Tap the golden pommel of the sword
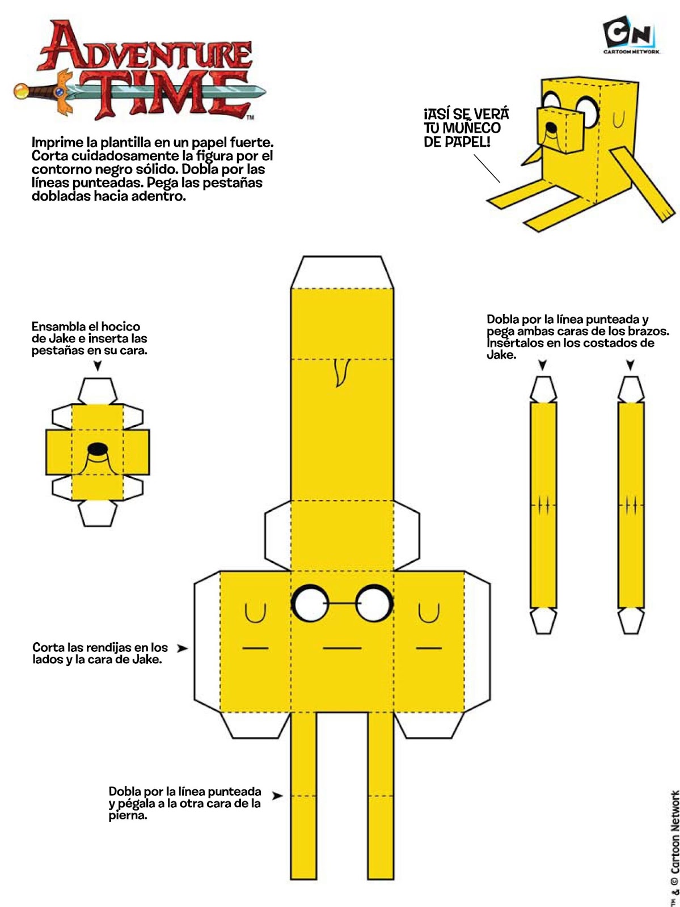pos(22,91)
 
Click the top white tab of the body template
pos(342,273)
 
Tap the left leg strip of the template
pos(303,794)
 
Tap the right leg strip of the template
pos(381,794)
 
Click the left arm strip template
pos(543,505)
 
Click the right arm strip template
pos(631,505)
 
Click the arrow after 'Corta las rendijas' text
pos(181,648)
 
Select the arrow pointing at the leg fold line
pos(277,796)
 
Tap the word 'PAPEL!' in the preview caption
pos(468,142)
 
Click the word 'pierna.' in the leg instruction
pos(128,816)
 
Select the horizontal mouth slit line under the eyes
pos(342,648)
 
